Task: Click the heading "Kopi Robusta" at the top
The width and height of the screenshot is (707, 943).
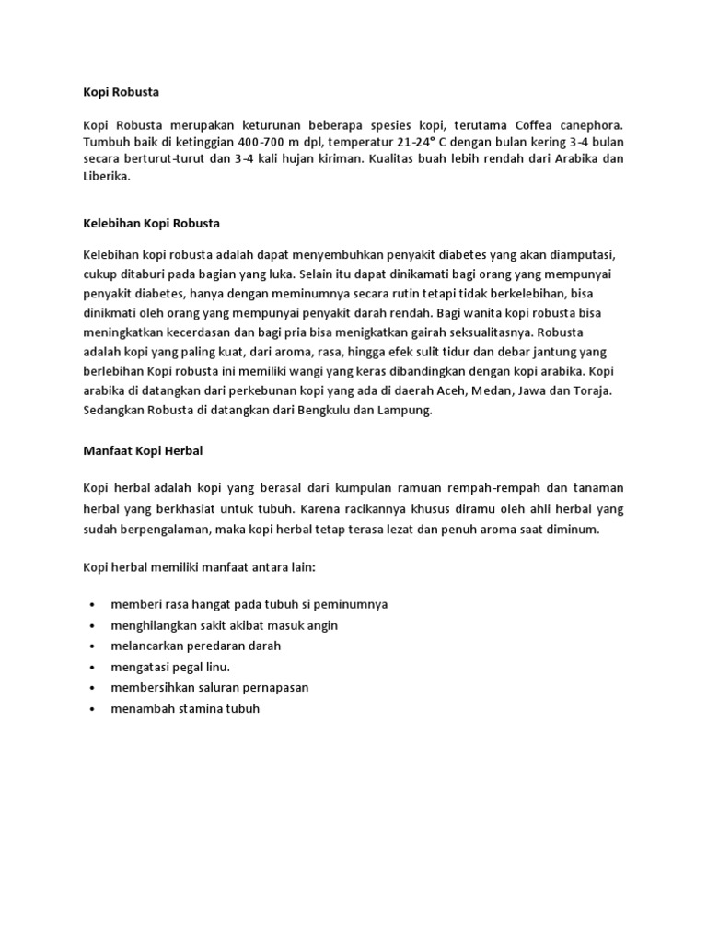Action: [121, 92]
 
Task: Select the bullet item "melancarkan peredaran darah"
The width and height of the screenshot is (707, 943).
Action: [195, 646]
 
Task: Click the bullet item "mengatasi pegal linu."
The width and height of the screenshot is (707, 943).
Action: [169, 668]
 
